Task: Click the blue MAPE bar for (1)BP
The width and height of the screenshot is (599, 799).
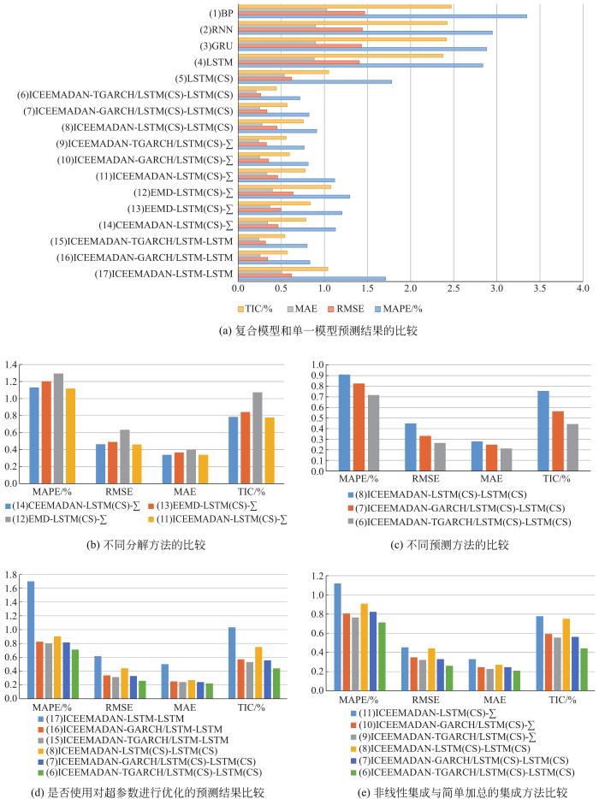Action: click(382, 16)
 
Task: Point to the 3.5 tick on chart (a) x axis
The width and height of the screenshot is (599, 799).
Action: click(540, 289)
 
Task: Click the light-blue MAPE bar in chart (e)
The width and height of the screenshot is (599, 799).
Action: click(336, 641)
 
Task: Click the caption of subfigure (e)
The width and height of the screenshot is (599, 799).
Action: click(448, 792)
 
